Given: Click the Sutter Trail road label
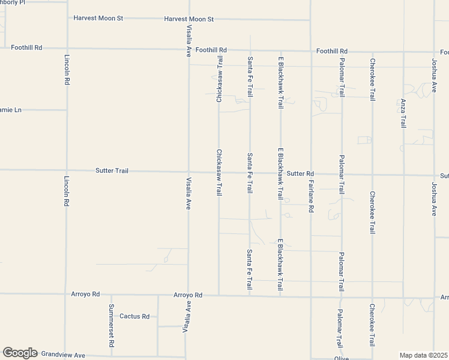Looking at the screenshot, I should coord(112,171).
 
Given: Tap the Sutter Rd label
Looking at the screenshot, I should coord(300,174).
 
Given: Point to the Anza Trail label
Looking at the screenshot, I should coord(403,113).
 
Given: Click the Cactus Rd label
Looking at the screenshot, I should coord(134,316).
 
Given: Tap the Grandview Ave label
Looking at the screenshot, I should coord(63,355).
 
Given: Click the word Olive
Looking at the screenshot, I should coord(341,358).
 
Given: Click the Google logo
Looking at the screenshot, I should coord(20,353).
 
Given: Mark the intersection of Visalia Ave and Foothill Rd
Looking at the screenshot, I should coord(188,49).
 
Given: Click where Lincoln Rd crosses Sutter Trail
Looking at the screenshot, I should coord(66,170).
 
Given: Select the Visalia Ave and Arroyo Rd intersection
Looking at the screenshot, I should coord(188,295).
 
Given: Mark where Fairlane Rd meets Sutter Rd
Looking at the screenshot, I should coord(311,174).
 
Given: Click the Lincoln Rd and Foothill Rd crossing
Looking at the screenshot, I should coord(66,48).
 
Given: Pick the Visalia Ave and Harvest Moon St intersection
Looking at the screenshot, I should coord(188,19).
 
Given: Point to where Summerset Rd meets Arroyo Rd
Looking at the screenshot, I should coord(111,295).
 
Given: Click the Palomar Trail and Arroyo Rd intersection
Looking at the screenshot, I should coord(341,297).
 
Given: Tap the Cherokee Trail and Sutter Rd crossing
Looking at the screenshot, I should coord(372,175).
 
